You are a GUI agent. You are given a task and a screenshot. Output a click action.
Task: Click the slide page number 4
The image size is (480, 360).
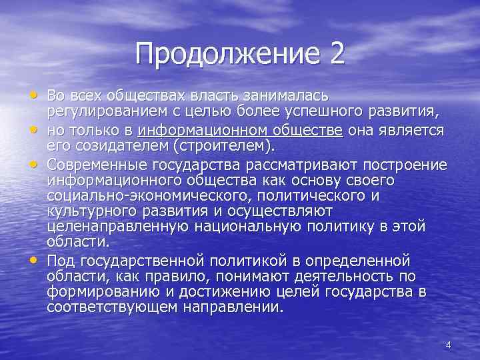click(448, 345)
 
